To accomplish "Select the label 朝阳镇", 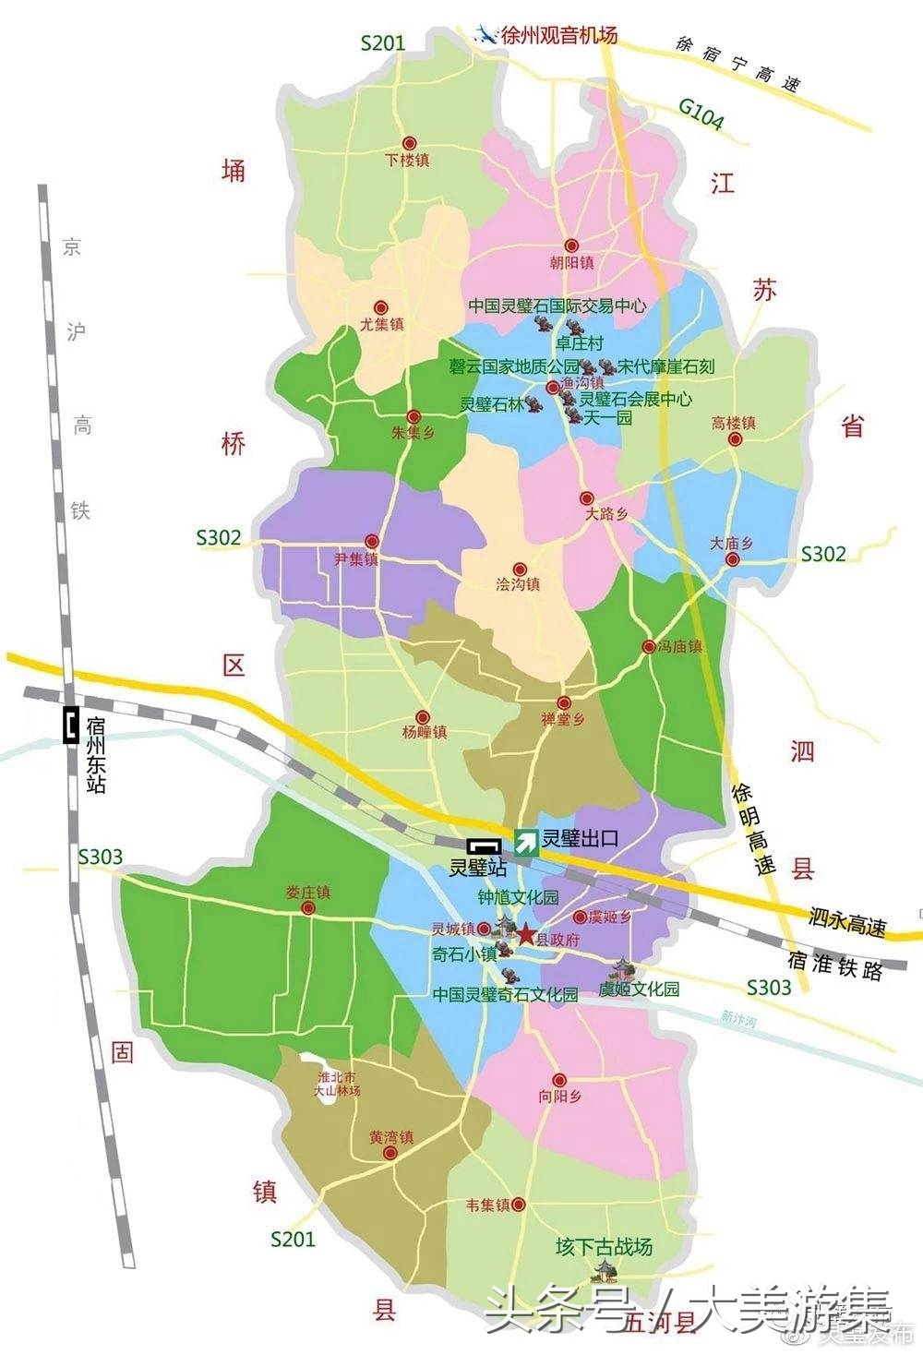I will (x=571, y=262).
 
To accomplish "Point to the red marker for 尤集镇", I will (x=379, y=308).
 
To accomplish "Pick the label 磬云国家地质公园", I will (x=513, y=366).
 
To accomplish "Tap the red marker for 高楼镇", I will (x=735, y=439).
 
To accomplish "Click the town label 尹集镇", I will (x=356, y=558).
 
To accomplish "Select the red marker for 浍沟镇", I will (x=519, y=570).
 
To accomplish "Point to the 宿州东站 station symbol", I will (x=69, y=725).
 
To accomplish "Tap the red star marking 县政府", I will (x=525, y=935).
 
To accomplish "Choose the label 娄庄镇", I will (x=307, y=893).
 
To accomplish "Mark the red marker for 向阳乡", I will (x=559, y=1080).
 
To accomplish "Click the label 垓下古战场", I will (x=604, y=1247).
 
